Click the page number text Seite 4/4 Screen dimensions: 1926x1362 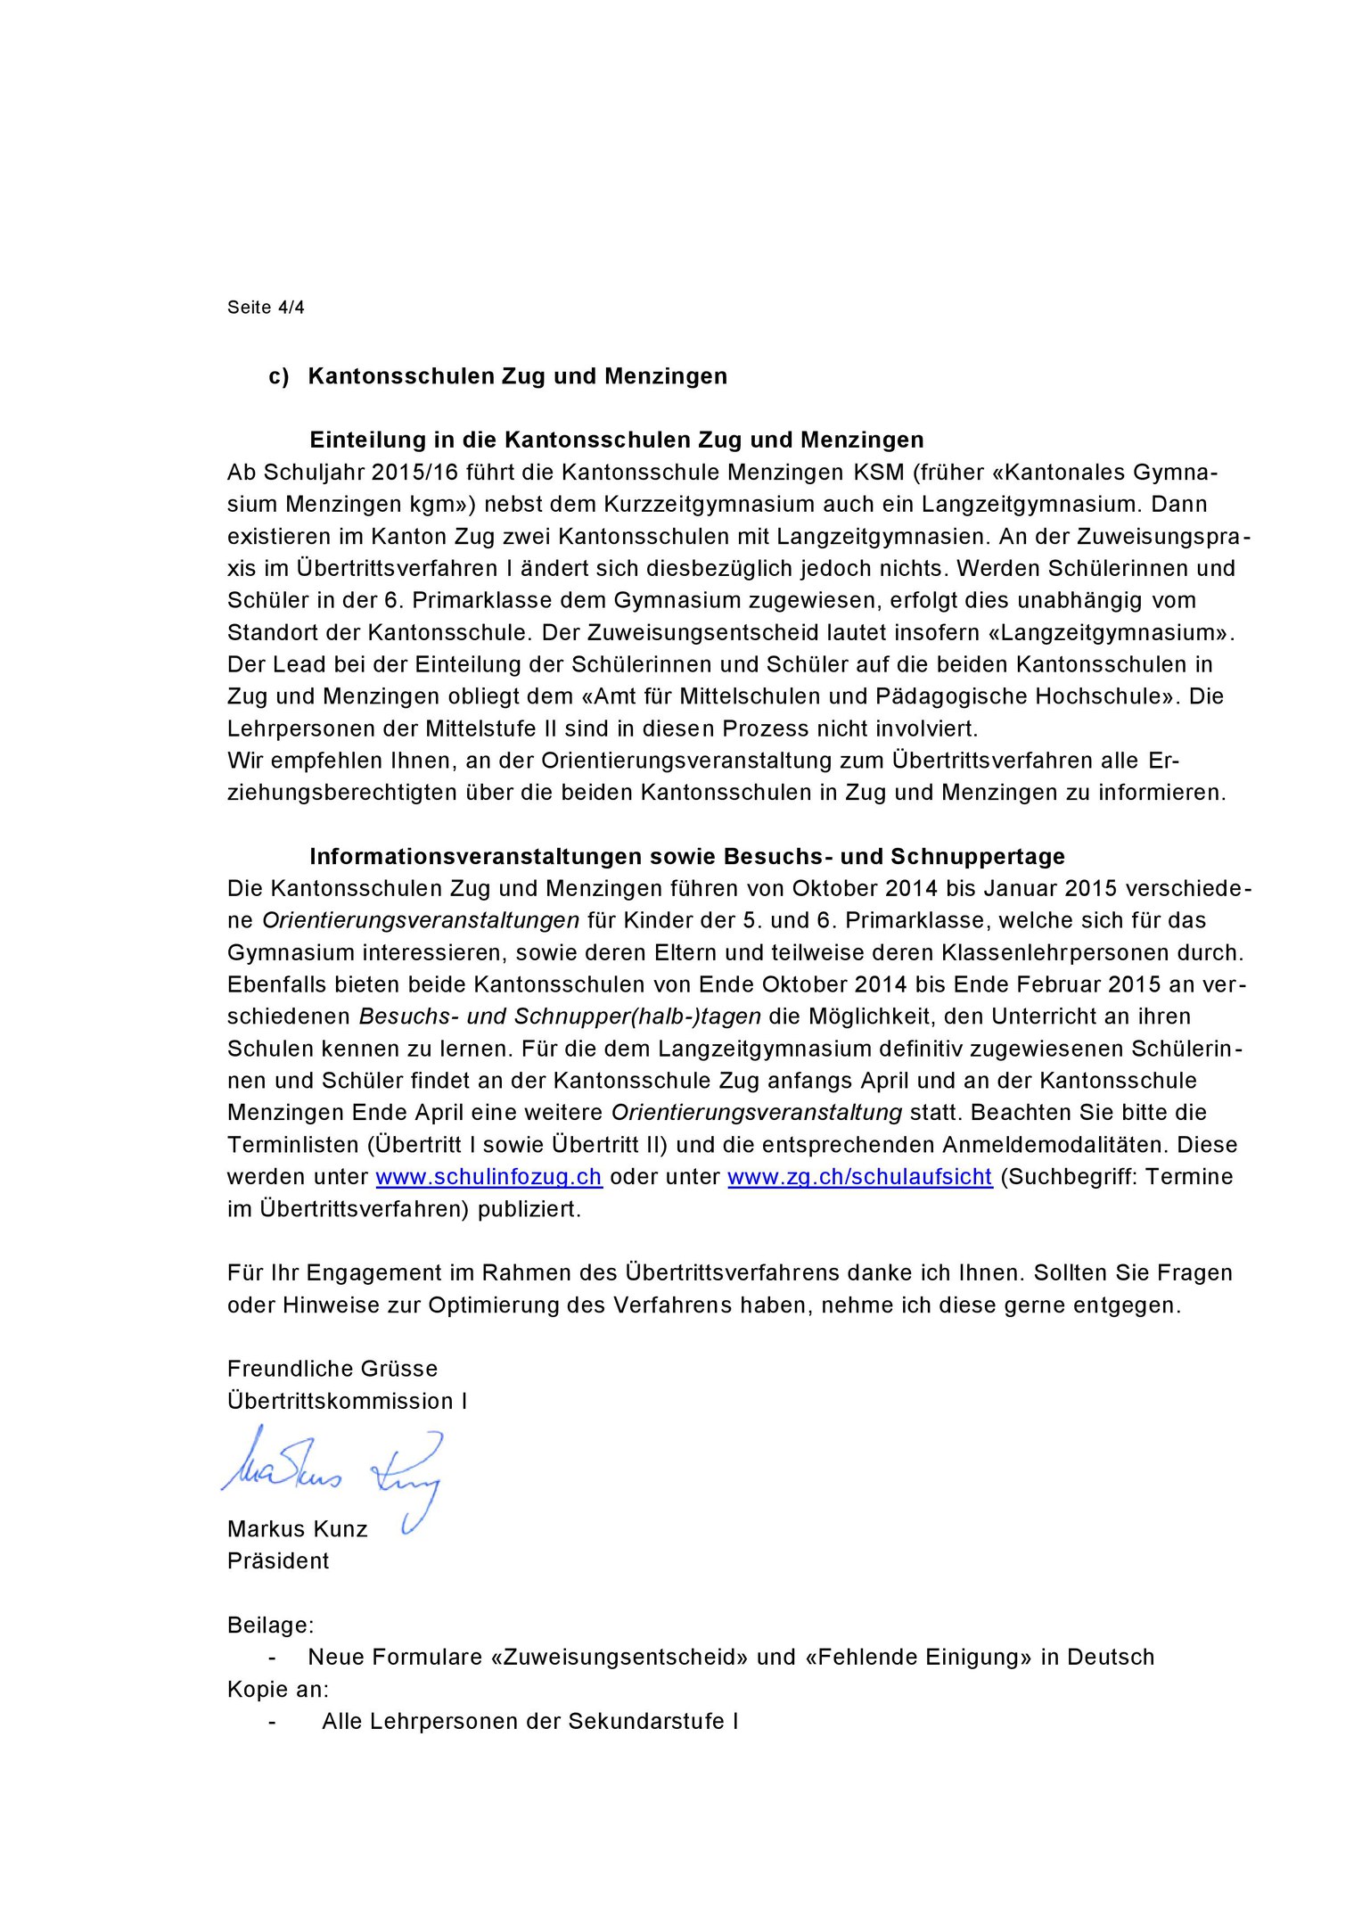(266, 308)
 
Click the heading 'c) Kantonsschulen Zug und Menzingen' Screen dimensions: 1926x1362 (497, 376)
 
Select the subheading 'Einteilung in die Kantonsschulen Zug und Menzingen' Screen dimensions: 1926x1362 (616, 440)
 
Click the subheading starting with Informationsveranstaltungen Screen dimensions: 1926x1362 (686, 857)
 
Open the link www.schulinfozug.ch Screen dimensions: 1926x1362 (488, 1177)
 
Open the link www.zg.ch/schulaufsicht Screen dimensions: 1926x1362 (859, 1177)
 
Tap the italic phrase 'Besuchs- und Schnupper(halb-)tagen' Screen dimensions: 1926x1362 (560, 1017)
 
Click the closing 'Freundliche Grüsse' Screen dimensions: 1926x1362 (332, 1369)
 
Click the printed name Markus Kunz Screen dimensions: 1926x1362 (298, 1529)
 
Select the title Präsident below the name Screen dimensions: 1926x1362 (278, 1561)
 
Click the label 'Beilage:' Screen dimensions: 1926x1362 (270, 1626)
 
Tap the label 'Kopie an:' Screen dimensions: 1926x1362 (278, 1690)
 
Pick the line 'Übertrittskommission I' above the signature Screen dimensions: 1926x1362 (347, 1401)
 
